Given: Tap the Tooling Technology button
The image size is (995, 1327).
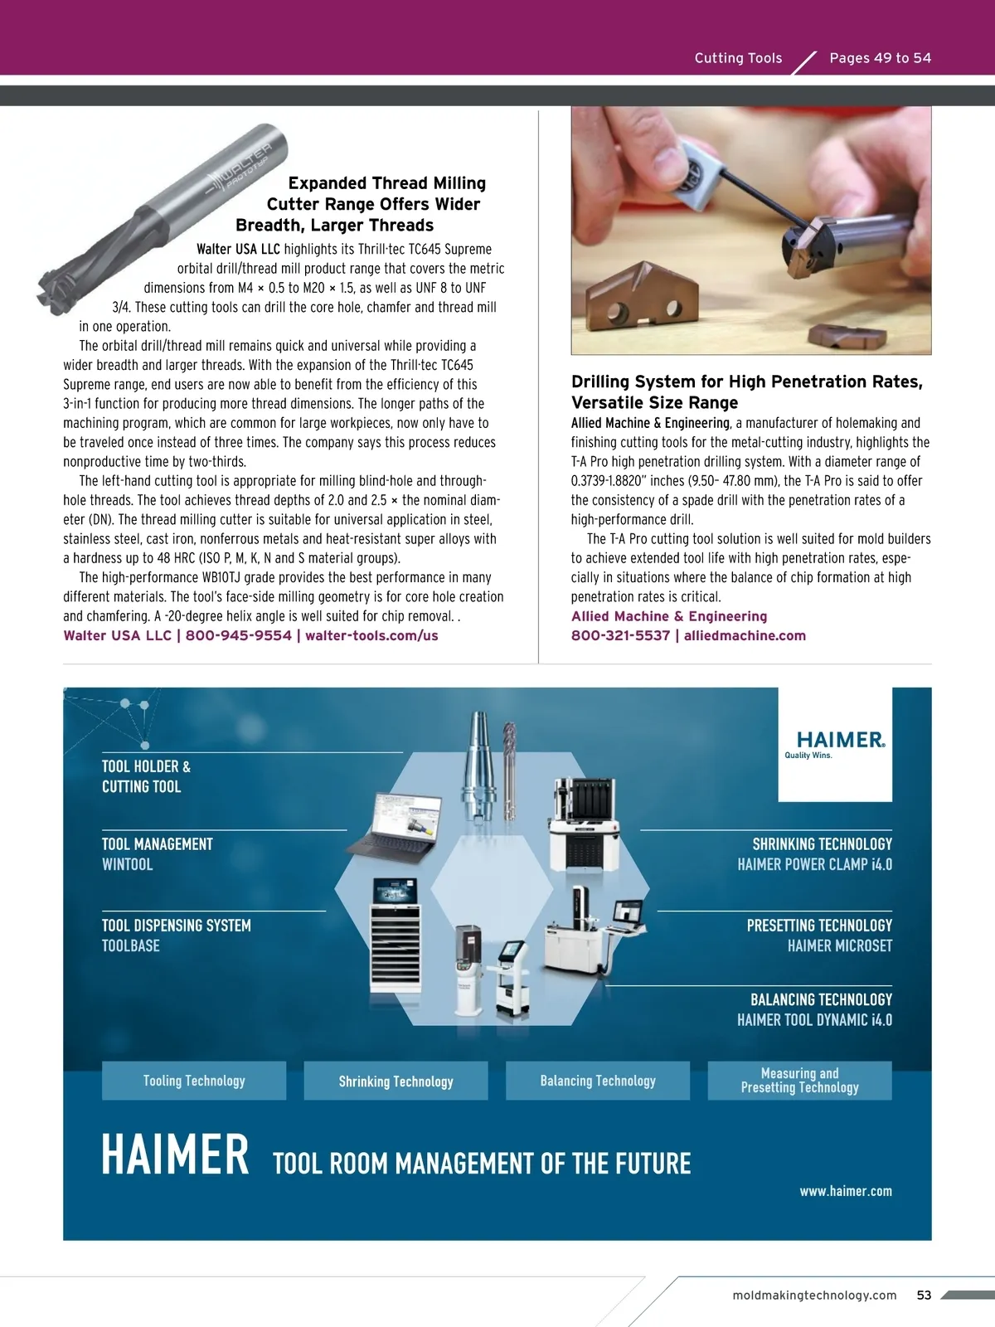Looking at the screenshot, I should [194, 1081].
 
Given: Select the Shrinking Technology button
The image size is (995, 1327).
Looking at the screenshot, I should [396, 1081].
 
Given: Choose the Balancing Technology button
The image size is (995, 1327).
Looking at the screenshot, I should [598, 1081].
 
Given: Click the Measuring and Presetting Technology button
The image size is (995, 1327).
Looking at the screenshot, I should [799, 1081].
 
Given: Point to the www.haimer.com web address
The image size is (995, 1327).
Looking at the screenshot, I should [846, 1191].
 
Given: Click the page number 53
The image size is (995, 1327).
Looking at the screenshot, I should [924, 1295].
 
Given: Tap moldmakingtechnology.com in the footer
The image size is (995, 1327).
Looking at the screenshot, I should [814, 1295].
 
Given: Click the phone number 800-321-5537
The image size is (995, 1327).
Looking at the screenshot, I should [620, 635].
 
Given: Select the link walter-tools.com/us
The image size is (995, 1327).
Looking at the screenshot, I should [371, 635].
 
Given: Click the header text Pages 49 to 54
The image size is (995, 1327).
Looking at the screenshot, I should [880, 58].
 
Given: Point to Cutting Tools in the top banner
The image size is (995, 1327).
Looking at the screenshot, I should [738, 58].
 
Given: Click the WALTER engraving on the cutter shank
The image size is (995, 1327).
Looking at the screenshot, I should [245, 166].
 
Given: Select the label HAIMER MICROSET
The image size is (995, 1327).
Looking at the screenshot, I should [839, 945].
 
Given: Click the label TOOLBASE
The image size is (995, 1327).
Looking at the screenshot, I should [131, 945].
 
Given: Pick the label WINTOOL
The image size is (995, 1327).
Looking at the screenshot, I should [128, 864].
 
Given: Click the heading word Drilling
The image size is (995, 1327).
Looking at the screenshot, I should [601, 382].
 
